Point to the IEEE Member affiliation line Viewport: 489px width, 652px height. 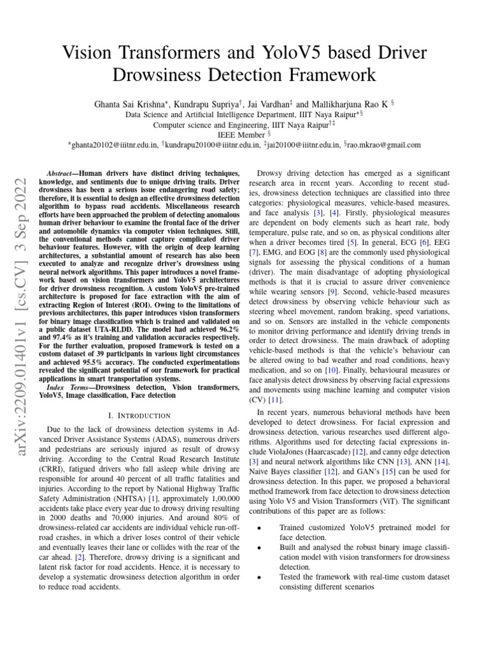click(244, 134)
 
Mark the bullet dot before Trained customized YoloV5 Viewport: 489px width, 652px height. click(256, 528)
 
